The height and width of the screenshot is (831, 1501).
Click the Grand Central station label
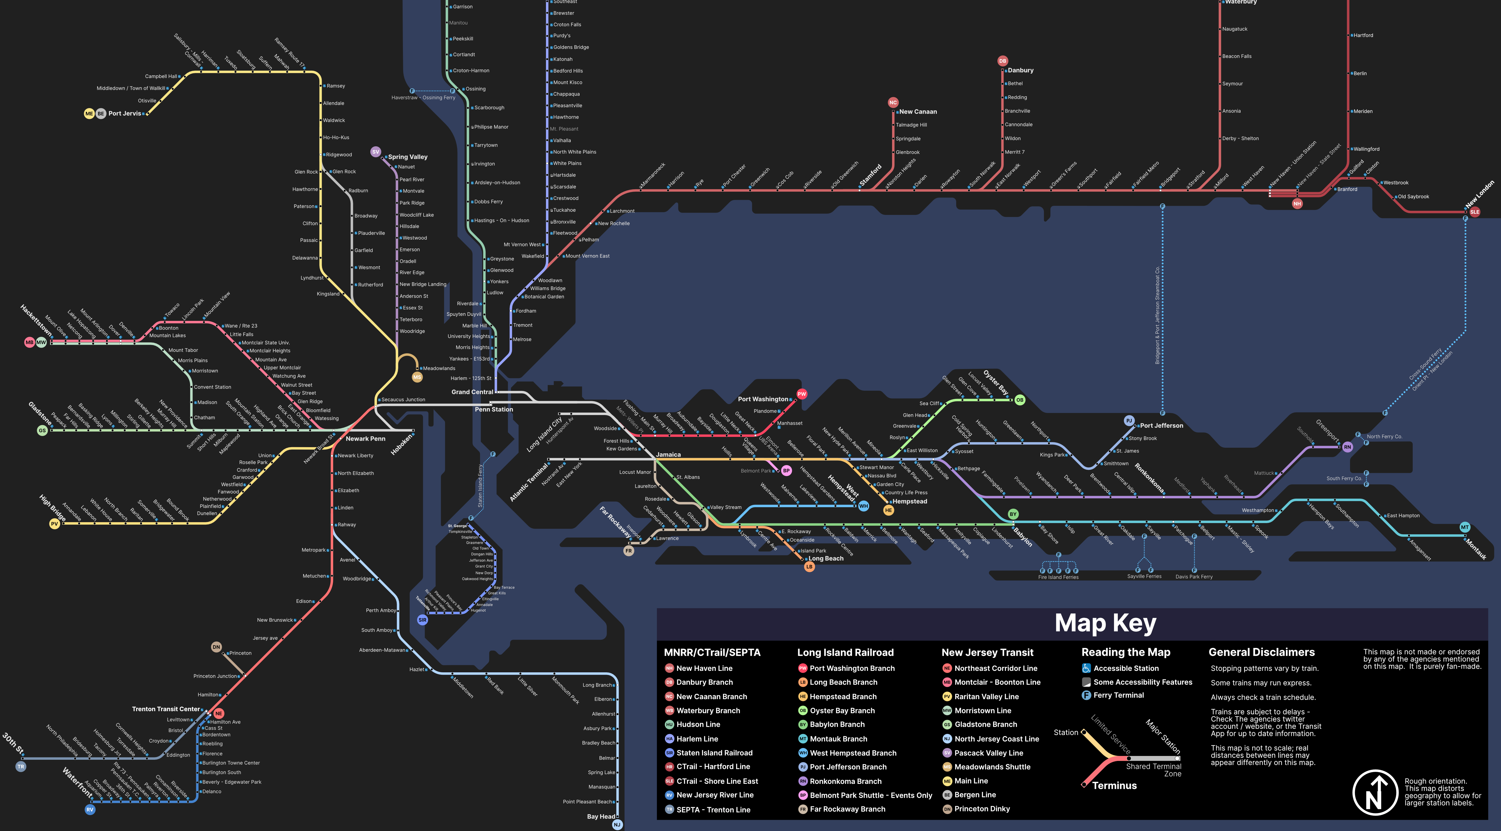[472, 392]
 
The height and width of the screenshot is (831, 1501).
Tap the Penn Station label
[494, 410]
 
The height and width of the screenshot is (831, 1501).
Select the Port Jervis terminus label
[124, 114]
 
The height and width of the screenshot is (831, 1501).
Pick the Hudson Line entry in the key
[698, 724]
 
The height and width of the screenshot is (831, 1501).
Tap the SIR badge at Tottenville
[422, 620]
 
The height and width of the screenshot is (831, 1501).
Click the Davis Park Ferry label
[1194, 577]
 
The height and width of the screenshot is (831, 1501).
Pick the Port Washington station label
[763, 399]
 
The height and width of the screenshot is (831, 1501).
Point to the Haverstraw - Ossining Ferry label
[423, 98]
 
